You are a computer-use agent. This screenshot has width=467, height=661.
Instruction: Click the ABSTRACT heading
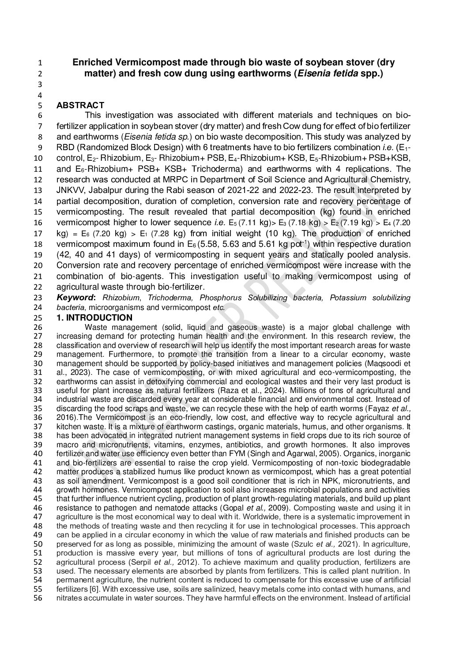80,105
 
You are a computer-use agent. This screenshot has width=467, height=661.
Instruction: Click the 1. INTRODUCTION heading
94,317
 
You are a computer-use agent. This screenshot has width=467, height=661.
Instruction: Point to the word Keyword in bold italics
72,298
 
